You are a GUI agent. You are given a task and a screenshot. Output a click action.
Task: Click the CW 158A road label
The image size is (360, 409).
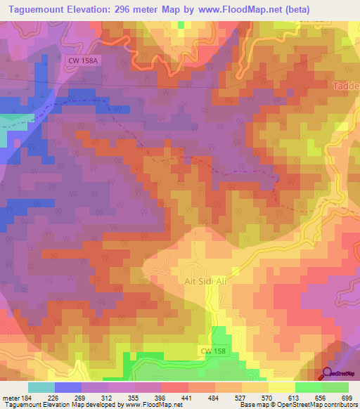84,61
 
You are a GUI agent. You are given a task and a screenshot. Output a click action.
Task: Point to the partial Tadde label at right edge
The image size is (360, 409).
345,86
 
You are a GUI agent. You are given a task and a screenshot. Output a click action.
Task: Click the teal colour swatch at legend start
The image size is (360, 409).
41,387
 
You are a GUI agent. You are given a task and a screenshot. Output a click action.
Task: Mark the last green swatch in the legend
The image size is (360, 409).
335,387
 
